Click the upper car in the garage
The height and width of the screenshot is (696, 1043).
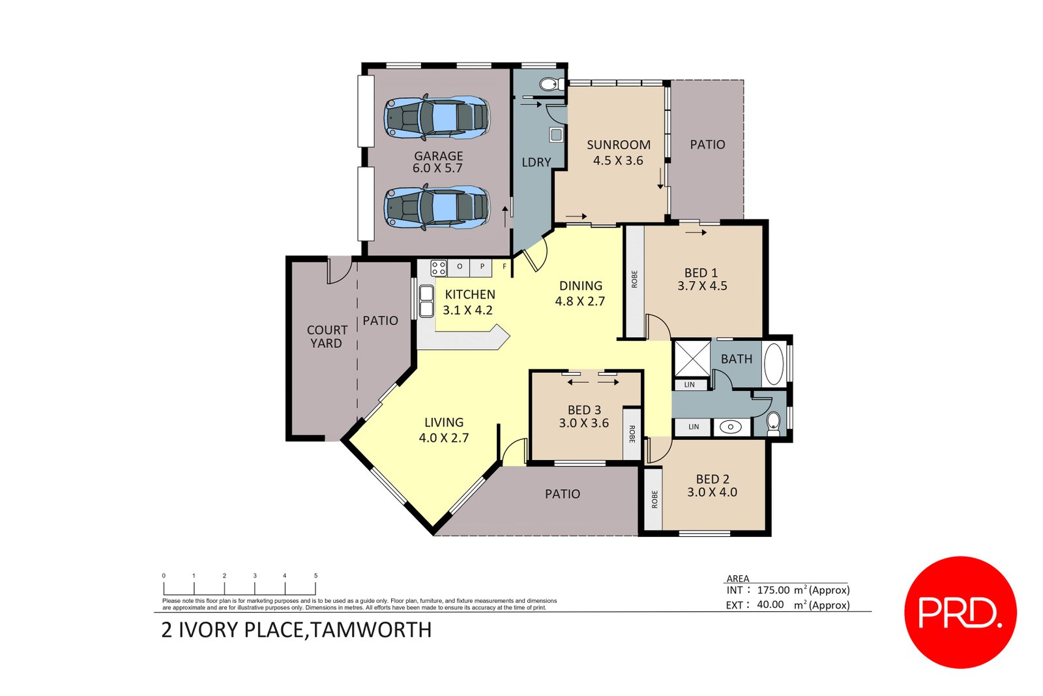[436, 117]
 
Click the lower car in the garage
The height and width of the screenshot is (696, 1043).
[436, 207]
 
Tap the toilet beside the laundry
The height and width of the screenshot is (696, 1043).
[551, 84]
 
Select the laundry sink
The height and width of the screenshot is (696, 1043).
[556, 135]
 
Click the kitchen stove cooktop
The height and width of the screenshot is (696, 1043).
[439, 267]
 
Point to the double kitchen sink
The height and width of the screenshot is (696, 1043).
[426, 301]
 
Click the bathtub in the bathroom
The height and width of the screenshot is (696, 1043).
[774, 364]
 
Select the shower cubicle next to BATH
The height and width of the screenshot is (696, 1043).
[692, 358]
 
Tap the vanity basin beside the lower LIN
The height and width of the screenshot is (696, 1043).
[731, 428]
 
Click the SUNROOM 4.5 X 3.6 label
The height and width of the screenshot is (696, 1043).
[618, 152]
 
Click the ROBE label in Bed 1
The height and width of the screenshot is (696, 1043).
[634, 280]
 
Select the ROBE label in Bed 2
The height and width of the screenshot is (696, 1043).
[654, 499]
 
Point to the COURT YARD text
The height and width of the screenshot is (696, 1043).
[327, 337]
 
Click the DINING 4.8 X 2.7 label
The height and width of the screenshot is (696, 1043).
[580, 293]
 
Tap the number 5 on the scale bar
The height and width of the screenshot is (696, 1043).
[316, 576]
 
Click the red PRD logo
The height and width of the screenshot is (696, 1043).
[960, 612]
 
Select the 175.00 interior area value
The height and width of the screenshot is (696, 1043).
[773, 590]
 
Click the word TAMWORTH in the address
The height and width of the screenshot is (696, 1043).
[372, 630]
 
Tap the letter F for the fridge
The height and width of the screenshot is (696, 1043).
[504, 267]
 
